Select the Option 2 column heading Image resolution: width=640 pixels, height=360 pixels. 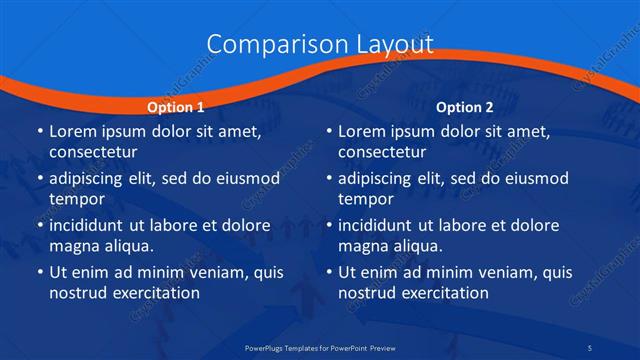(x=465, y=106)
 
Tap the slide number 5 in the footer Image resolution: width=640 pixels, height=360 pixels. (x=618, y=346)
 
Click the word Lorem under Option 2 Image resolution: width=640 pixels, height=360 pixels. (x=363, y=131)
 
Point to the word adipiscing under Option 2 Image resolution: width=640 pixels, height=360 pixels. (x=380, y=178)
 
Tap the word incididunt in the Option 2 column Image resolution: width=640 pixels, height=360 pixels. (x=380, y=225)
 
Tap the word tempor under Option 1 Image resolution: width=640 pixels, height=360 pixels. (x=76, y=199)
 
